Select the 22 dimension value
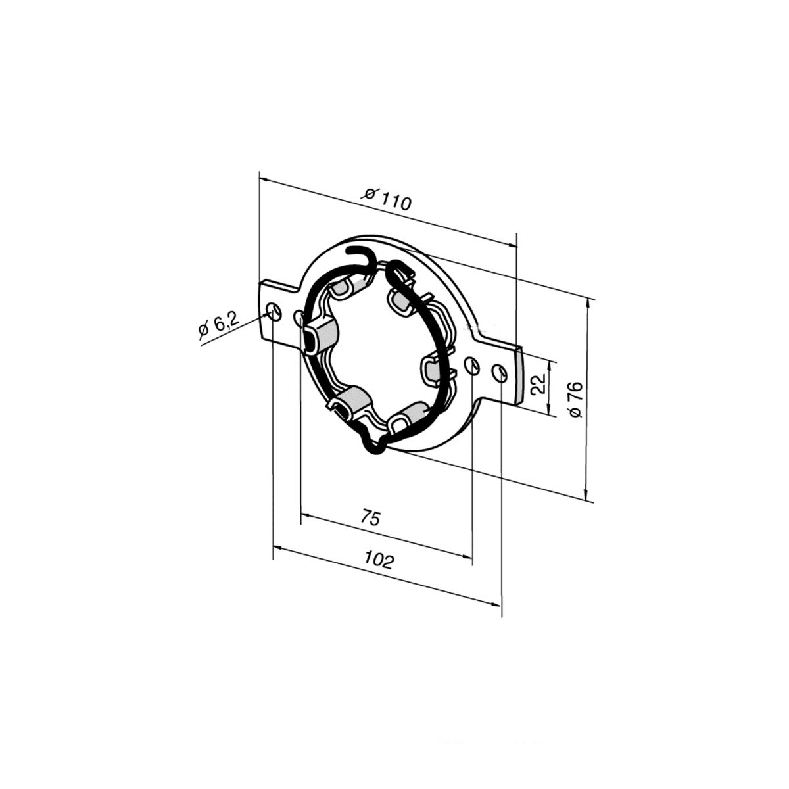point(538,383)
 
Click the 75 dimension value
point(371,517)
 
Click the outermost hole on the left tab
point(274,312)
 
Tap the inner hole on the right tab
point(472,365)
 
